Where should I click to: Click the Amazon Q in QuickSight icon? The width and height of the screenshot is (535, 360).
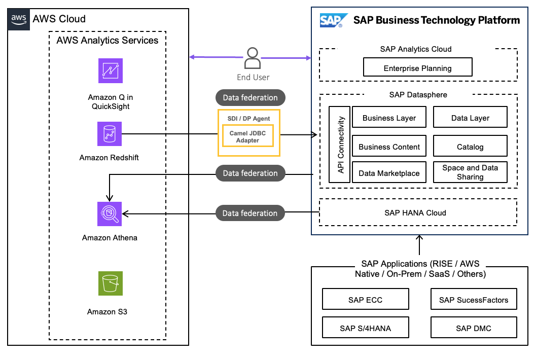[111, 70]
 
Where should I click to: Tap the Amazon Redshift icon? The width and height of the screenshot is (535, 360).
[110, 134]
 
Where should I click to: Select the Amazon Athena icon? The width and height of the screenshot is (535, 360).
[110, 213]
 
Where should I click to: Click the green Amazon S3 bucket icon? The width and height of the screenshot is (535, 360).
[110, 283]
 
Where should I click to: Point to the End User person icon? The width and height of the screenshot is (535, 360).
[252, 58]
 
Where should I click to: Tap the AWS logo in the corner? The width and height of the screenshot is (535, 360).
[19, 19]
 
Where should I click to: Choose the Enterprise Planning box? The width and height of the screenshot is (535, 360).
[418, 68]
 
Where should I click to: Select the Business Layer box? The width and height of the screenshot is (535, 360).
[389, 118]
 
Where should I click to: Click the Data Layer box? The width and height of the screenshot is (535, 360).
[470, 118]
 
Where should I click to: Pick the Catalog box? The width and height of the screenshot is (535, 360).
[470, 147]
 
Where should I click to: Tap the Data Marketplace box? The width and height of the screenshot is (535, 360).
[389, 173]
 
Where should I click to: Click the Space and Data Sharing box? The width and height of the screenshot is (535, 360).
[470, 172]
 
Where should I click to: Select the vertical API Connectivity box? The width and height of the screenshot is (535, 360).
[340, 145]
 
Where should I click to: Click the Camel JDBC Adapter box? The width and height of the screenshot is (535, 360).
[248, 136]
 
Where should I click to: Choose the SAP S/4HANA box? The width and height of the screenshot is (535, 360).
[365, 328]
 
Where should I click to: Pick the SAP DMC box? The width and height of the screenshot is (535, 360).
[473, 328]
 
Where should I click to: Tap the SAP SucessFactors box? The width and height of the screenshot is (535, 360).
[473, 300]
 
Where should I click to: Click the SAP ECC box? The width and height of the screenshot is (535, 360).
[365, 300]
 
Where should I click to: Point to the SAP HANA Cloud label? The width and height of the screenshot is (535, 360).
[415, 212]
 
